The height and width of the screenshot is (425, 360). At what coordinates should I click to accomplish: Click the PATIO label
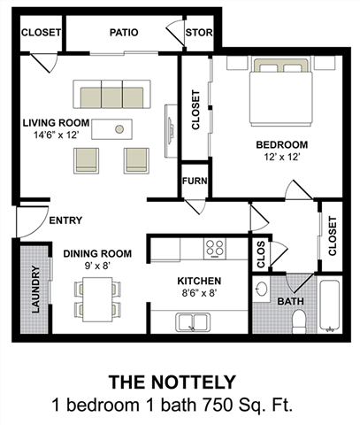(123, 33)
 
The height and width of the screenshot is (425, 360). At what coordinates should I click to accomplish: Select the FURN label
(194, 181)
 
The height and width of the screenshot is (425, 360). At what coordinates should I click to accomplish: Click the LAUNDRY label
(36, 290)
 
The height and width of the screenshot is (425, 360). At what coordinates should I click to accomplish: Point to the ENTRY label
(66, 220)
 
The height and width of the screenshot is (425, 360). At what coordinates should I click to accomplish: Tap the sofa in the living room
(112, 96)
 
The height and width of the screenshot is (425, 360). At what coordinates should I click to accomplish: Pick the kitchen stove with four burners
(215, 248)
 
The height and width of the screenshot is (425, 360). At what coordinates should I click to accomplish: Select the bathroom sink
(262, 290)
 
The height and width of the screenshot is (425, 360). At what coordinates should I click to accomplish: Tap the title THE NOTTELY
(172, 382)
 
